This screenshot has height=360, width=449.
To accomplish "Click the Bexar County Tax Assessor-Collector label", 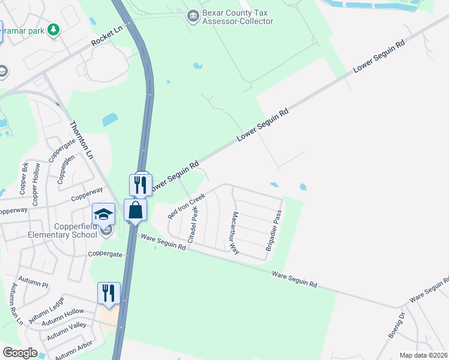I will pyautogui.click(x=238, y=17).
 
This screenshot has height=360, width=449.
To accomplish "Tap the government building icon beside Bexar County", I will pyautogui.click(x=193, y=14).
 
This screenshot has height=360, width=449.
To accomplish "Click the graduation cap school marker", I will pyautogui.click(x=103, y=214).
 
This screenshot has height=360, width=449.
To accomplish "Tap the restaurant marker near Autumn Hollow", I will pyautogui.click(x=109, y=293).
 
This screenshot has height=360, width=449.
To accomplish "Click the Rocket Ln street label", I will pyautogui.click(x=106, y=40).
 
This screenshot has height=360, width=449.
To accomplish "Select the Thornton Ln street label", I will pyautogui.click(x=82, y=140).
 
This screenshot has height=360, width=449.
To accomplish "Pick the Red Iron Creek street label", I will pyautogui.click(x=187, y=205).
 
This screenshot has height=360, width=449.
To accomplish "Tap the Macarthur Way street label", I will pyautogui.click(x=235, y=233).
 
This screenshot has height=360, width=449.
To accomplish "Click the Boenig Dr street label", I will pyautogui.click(x=397, y=325).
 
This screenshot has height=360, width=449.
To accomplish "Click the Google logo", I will pyautogui.click(x=20, y=353).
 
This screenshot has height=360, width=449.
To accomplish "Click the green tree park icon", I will pyautogui.click(x=53, y=29).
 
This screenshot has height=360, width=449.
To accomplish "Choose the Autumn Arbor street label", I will pyautogui.click(x=73, y=351).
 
